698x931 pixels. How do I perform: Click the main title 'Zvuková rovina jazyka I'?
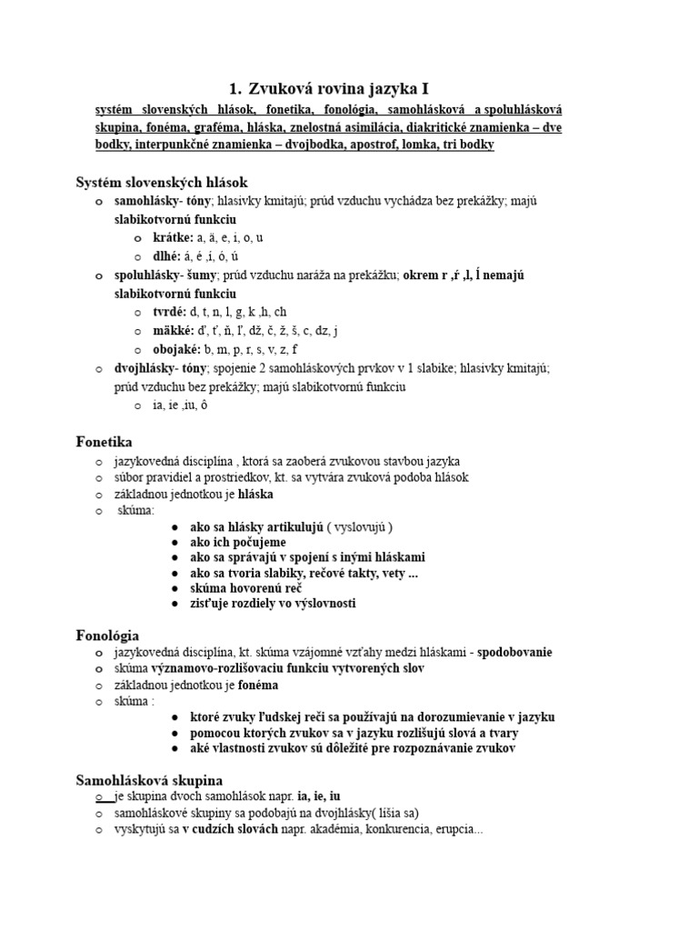[x=339, y=88]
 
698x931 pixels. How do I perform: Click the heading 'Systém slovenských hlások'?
[x=161, y=183]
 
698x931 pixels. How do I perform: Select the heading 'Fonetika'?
[x=104, y=442]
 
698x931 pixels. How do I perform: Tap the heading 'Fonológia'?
[x=107, y=635]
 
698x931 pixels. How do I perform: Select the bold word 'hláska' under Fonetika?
[x=255, y=495]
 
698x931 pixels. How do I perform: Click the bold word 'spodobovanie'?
[x=514, y=653]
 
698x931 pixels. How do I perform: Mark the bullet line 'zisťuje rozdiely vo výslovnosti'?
[x=273, y=604]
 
